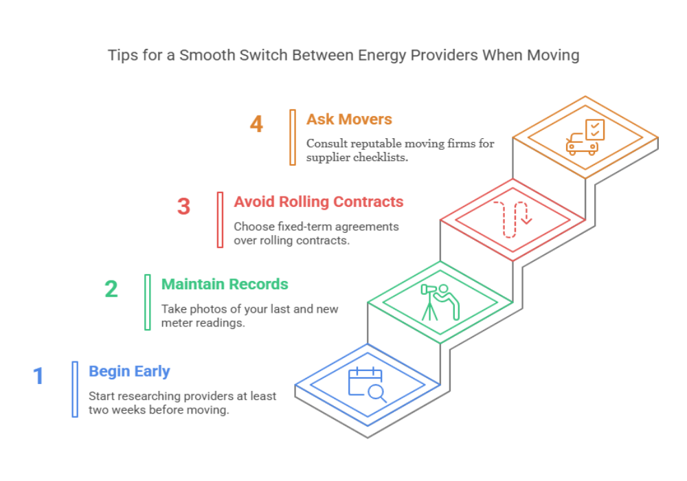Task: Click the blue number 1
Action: tap(38, 375)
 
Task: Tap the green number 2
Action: tap(111, 289)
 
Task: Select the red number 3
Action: tap(183, 207)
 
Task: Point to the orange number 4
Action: tap(256, 124)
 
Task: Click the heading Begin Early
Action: tap(129, 372)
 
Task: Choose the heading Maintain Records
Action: tap(225, 284)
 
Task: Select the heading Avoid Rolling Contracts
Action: tap(318, 202)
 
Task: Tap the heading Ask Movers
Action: tap(348, 120)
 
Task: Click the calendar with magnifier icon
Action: tap(367, 384)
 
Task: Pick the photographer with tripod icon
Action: tap(440, 302)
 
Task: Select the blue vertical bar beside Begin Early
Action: tap(75, 389)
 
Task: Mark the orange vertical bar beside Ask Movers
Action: tap(293, 137)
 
